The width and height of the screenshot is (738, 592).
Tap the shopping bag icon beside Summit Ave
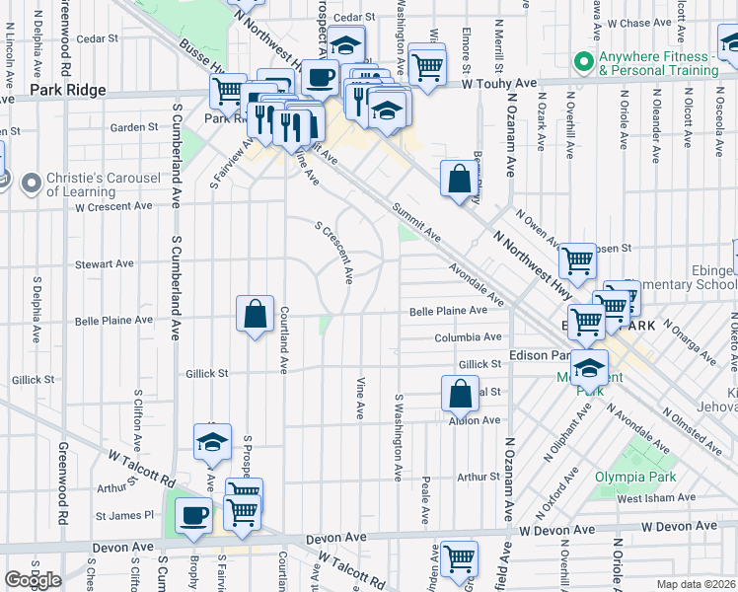[459, 180]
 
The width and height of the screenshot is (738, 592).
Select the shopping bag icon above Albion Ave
[460, 395]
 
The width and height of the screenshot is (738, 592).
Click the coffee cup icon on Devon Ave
[193, 515]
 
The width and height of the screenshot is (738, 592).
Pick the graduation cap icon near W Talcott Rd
[212, 443]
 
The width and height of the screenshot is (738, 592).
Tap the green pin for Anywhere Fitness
[582, 63]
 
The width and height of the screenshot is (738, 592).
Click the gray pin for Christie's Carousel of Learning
[31, 183]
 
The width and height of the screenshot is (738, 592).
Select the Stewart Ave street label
[105, 263]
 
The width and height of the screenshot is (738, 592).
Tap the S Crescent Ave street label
[334, 253]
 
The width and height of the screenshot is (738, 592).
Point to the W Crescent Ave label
[113, 206]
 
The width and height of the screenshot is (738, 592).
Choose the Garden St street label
[134, 127]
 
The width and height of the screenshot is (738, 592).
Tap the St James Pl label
[125, 515]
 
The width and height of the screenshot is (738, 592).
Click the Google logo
[33, 580]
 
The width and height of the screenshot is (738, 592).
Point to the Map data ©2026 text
[696, 584]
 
